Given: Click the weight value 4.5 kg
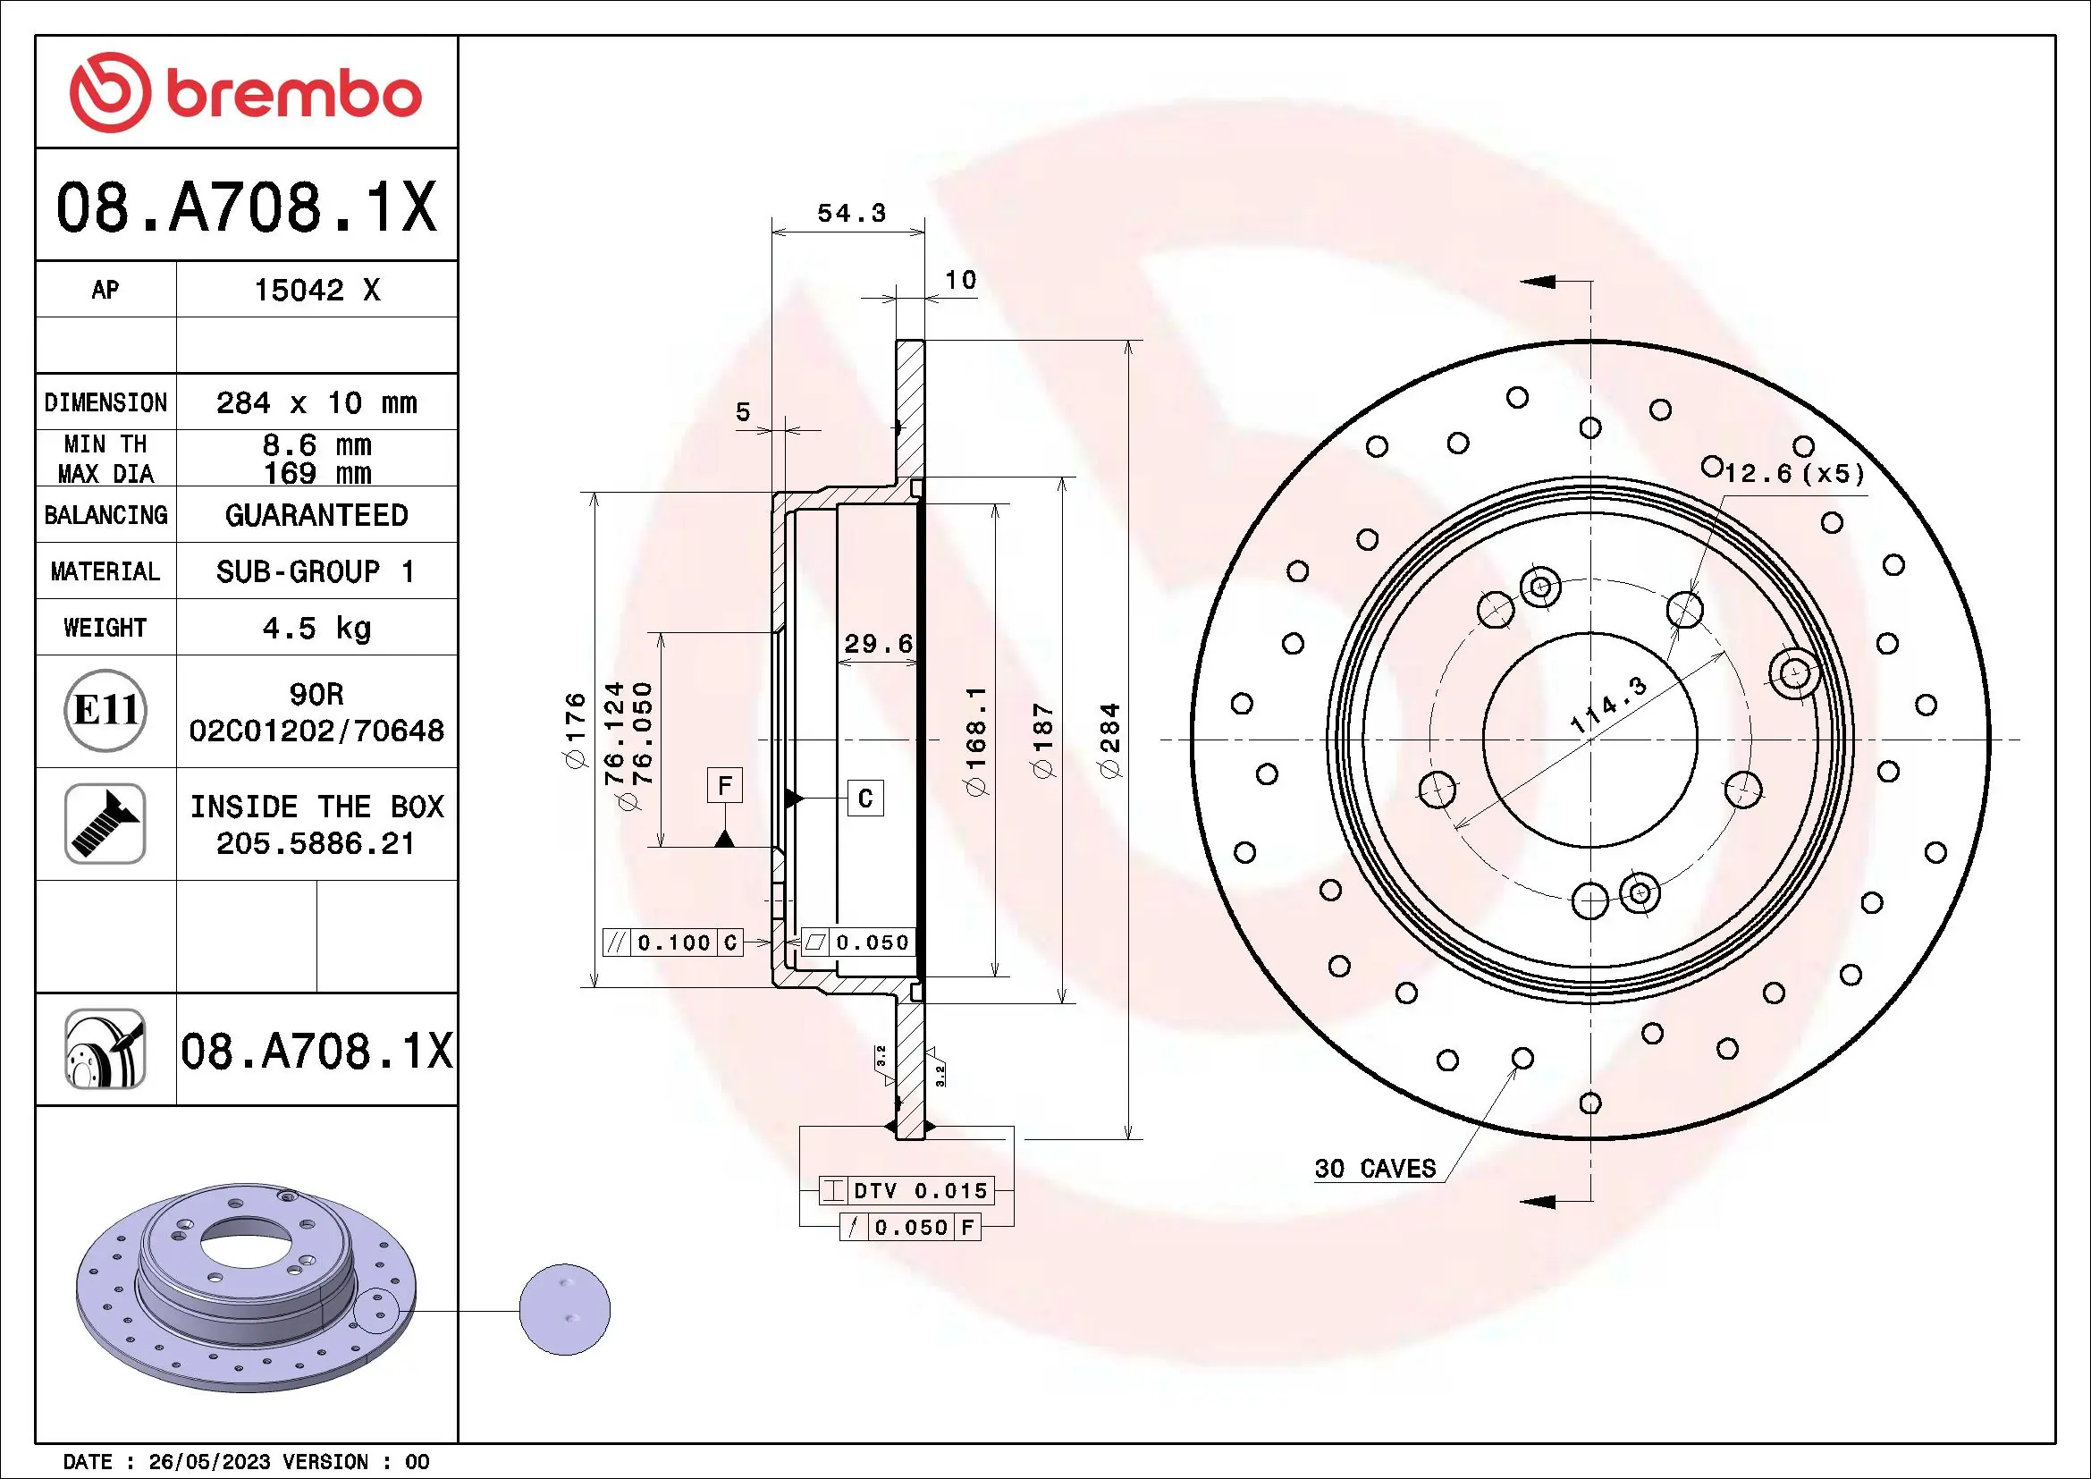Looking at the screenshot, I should coord(316,628).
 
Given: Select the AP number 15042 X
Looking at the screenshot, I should coord(316,290).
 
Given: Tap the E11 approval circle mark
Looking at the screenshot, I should coord(105,710).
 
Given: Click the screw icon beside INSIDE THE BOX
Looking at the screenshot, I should coord(105,824).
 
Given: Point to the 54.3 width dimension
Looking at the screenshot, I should coord(850,213).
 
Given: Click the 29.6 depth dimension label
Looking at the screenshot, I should coord(878,644).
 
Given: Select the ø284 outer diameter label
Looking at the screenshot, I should coord(1110,739).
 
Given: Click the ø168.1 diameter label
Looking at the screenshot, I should coord(976,739).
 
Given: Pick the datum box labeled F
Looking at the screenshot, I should coord(725,785).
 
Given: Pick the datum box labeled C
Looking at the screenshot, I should coord(865,799).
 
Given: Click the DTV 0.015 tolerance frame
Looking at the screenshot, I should coord(906,1190).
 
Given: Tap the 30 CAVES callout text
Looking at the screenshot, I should coord(1375,1169).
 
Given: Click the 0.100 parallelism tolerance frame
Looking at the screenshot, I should coord(674,942).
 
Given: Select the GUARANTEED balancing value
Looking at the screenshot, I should coord(316,515).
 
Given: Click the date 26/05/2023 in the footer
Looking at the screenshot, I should coord(209,1462).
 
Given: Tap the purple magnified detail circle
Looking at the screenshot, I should coord(565,1310).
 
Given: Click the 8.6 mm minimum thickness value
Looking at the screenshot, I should coord(316,445).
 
